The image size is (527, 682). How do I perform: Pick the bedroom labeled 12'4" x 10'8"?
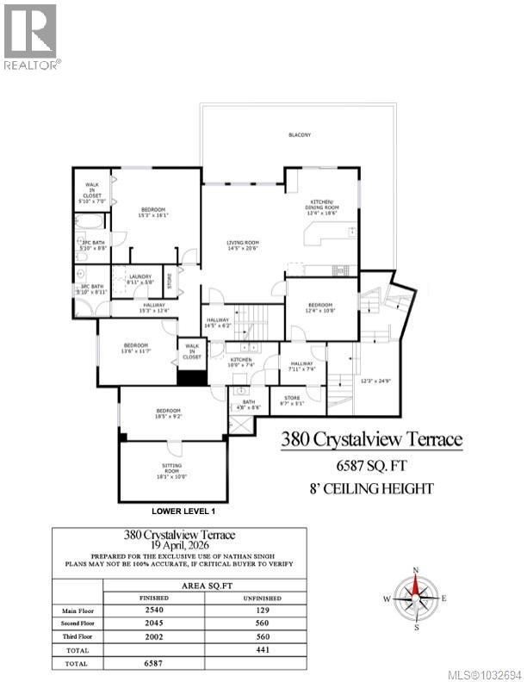coord(320,307)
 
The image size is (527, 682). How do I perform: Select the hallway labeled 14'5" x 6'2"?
coord(218,324)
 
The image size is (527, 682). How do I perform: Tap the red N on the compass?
coord(416,571)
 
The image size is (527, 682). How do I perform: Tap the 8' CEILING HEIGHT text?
coord(371,489)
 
